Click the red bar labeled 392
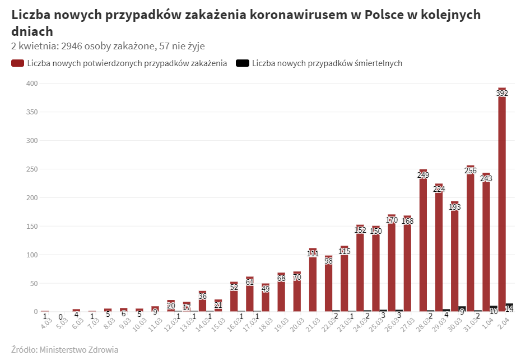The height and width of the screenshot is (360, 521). point(502,202)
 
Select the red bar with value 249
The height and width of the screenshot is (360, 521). point(424,241)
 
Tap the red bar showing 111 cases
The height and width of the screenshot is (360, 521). point(313,280)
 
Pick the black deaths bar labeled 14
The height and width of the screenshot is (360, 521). point(510,307)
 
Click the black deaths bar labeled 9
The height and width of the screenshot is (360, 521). point(462,309)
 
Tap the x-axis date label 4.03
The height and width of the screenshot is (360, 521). point(46,320)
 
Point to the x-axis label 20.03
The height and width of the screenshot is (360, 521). point(297,321)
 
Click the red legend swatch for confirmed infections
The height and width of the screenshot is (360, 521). point(17,63)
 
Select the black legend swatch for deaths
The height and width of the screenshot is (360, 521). point(243,63)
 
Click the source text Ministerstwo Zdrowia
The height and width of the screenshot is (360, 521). point(79,350)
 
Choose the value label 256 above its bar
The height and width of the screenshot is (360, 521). point(471,170)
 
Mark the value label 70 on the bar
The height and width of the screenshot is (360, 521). point(297,277)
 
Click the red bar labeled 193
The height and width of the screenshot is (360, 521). point(455,258)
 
